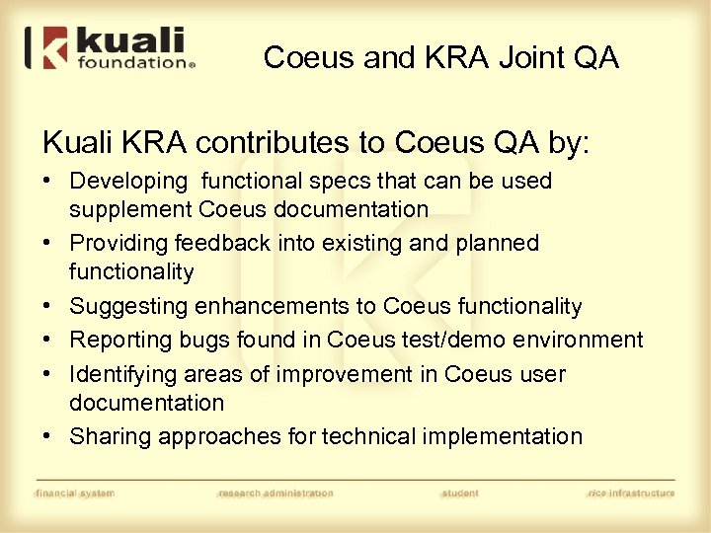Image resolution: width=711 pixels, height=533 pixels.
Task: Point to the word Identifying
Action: pyautogui.click(x=122, y=374)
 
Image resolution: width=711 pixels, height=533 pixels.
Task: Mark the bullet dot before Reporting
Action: pyautogui.click(x=48, y=341)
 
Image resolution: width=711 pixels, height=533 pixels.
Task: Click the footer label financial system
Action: pyautogui.click(x=74, y=493)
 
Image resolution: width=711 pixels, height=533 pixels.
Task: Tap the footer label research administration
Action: pyautogui.click(x=276, y=493)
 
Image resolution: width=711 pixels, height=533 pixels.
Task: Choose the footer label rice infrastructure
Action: pyautogui.click(x=630, y=493)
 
